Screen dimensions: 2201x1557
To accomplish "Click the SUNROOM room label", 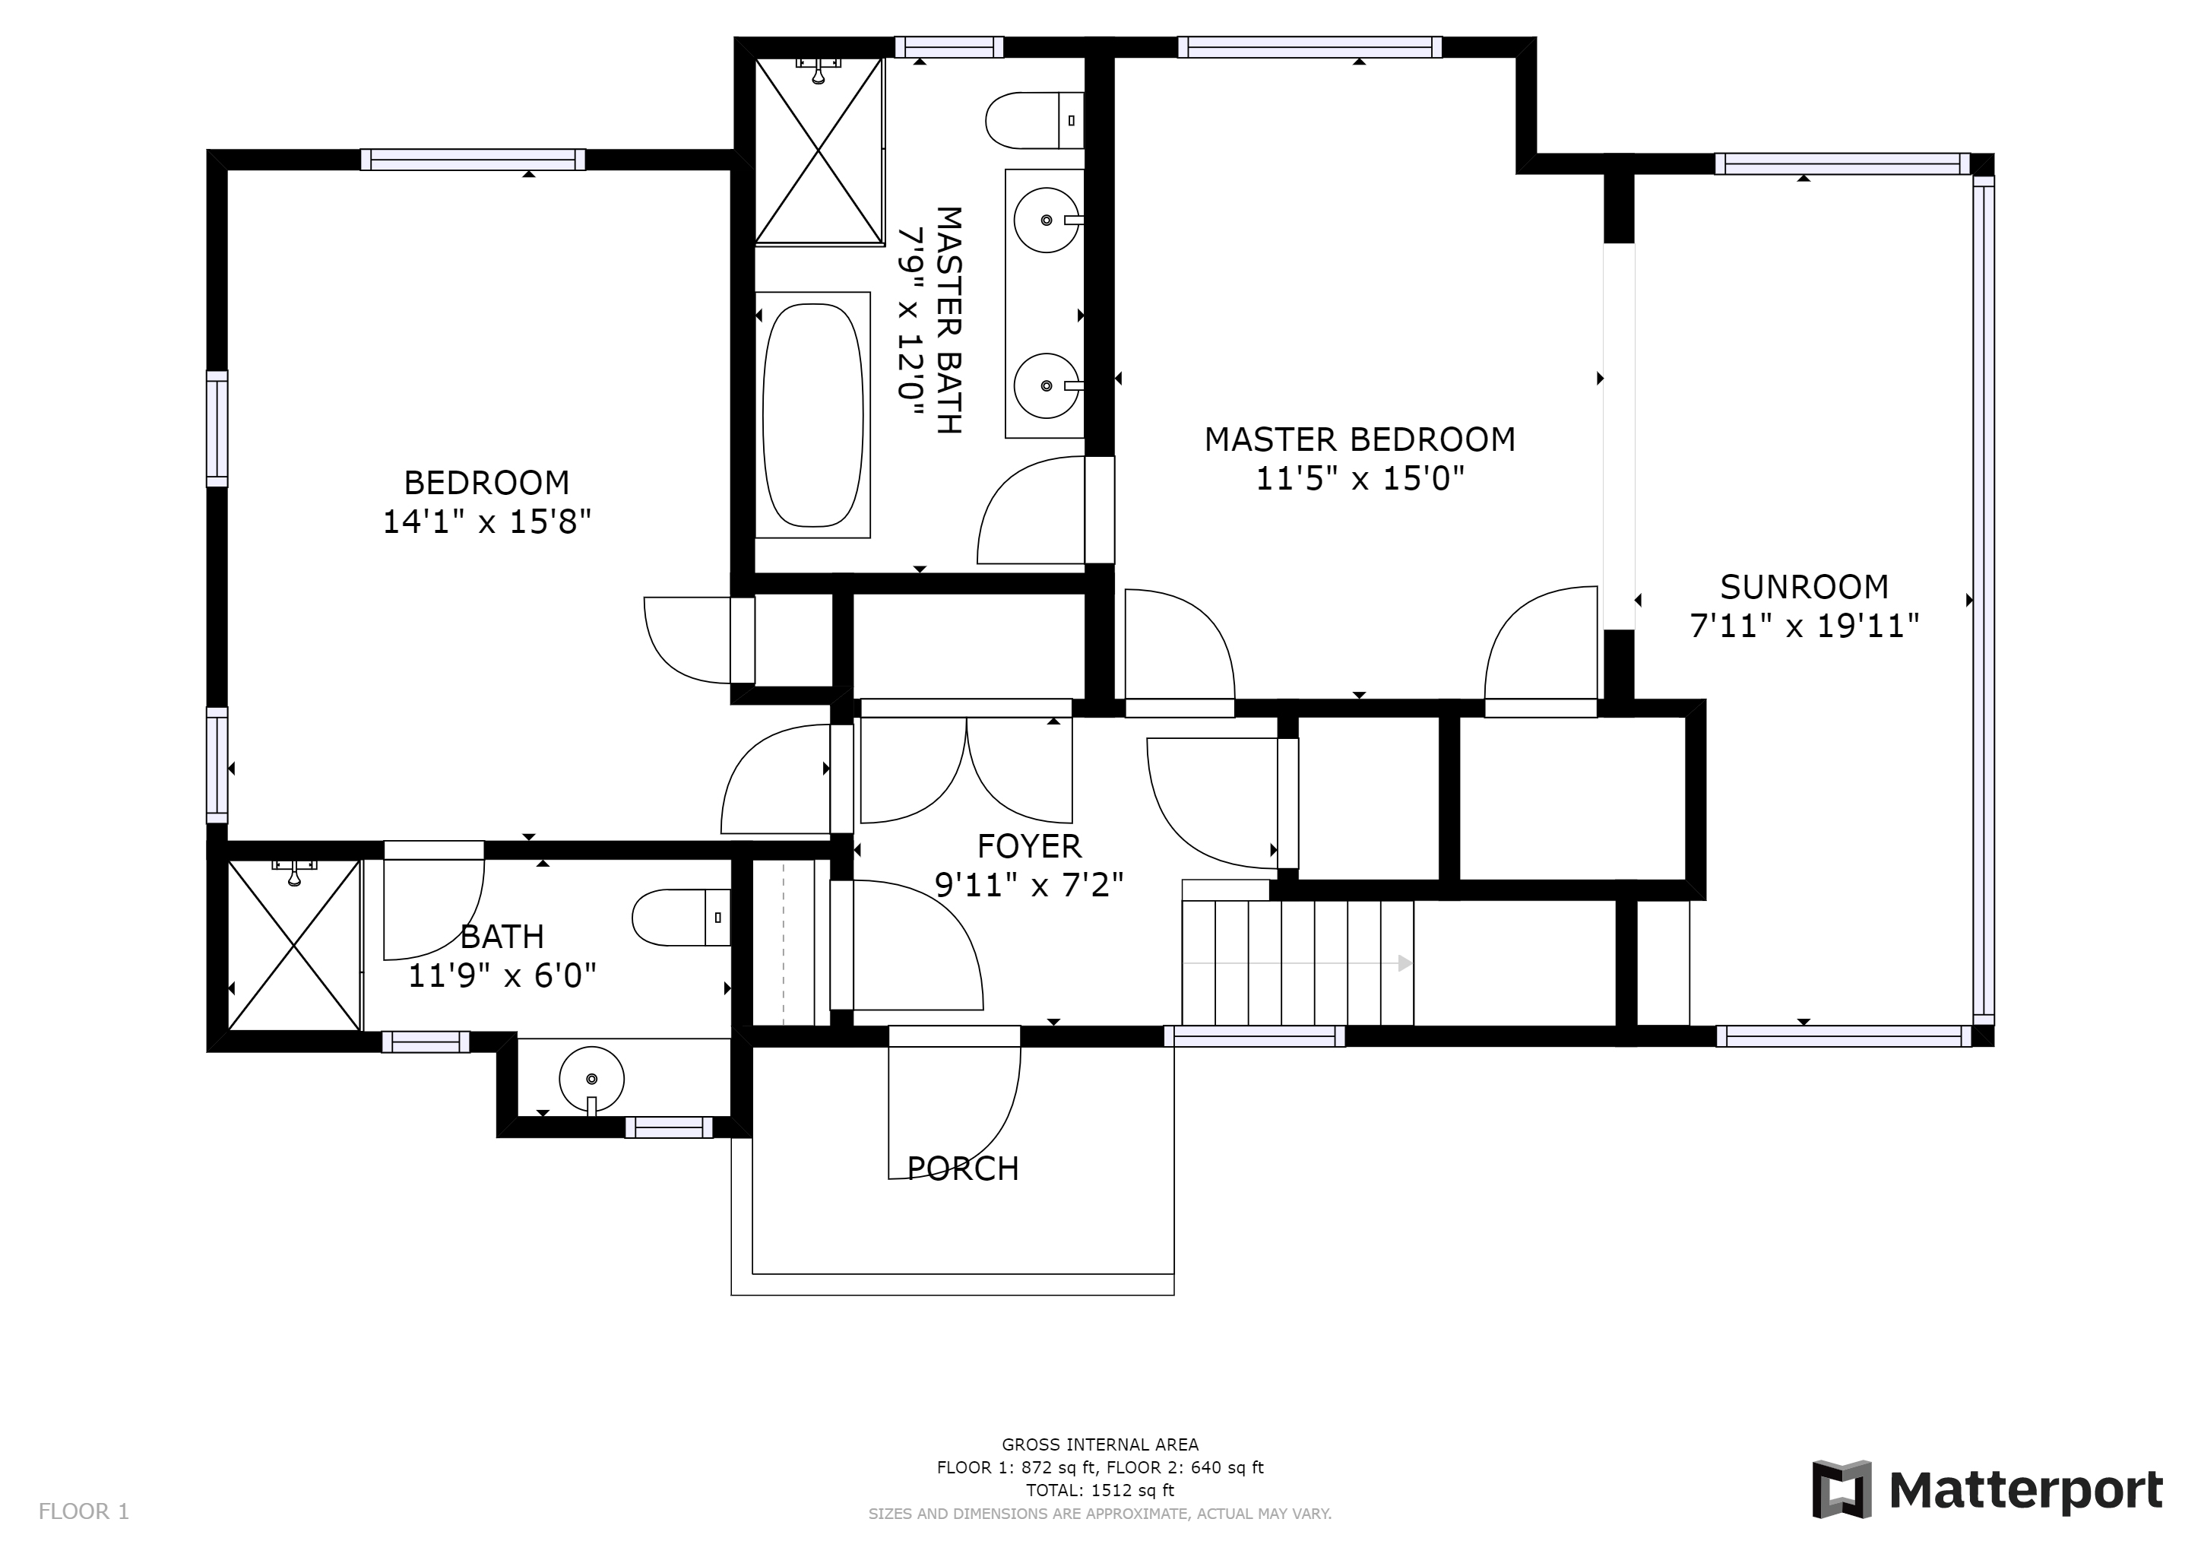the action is click(x=1804, y=587).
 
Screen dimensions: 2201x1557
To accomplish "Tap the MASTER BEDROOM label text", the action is click(x=1360, y=439).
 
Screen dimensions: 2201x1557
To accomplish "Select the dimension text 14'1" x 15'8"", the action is click(x=487, y=522).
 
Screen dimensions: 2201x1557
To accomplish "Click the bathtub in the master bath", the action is click(x=813, y=415).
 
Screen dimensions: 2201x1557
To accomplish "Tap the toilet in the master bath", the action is click(x=1034, y=120).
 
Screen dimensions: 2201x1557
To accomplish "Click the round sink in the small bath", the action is click(x=591, y=1080).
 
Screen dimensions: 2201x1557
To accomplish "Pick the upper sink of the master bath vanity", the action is click(x=1047, y=220).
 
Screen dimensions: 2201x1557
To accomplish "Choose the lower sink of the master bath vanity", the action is click(x=1047, y=385).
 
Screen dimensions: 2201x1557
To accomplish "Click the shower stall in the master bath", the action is click(x=818, y=150).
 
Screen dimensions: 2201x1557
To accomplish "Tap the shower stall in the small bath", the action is click(x=294, y=945).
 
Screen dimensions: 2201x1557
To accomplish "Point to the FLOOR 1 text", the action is click(x=84, y=1512).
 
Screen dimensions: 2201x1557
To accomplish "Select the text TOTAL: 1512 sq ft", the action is click(x=1100, y=1490).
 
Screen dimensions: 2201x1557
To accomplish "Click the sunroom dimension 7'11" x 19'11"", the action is click(x=1804, y=626).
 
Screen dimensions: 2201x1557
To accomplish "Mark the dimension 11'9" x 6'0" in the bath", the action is click(x=502, y=976).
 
